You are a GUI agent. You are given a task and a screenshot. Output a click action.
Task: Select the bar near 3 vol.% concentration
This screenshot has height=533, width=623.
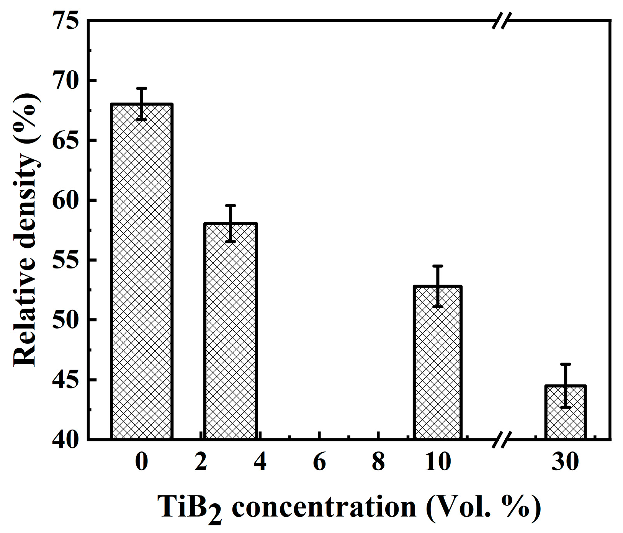click(x=230, y=331)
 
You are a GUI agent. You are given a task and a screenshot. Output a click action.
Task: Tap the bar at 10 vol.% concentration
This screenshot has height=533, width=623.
click(x=437, y=362)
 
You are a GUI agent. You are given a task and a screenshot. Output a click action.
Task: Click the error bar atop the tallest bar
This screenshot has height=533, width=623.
click(x=142, y=104)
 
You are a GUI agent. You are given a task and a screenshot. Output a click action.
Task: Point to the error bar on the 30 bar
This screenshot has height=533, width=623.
click(x=565, y=386)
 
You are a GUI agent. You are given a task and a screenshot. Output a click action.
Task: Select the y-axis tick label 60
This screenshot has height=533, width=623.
click(x=66, y=200)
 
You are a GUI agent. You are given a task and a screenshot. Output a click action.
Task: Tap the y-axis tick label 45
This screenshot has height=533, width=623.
click(x=66, y=379)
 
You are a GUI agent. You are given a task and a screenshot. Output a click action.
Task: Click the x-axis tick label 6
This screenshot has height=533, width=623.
click(x=319, y=462)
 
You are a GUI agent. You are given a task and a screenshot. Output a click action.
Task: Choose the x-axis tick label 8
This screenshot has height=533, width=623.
click(x=378, y=462)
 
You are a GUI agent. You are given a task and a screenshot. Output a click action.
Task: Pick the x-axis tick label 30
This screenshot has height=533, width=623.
click(x=565, y=462)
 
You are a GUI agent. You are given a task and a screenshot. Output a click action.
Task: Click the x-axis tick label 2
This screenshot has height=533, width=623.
click(x=201, y=462)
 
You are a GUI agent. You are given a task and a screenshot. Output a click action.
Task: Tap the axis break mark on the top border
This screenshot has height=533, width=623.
click(x=501, y=21)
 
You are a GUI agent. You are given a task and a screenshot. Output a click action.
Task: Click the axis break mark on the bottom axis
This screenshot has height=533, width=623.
click(x=501, y=439)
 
